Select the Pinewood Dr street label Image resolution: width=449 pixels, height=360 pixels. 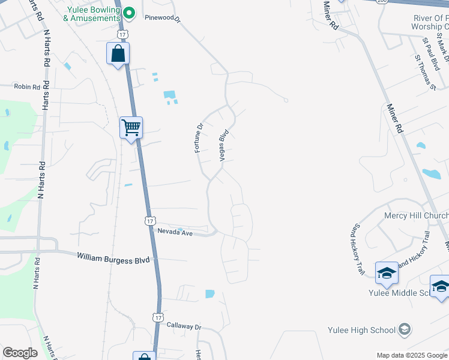click(x=162, y=18)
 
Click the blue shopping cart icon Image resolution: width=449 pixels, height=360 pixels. click(x=131, y=127)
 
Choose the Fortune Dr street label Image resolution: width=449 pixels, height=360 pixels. click(x=199, y=138)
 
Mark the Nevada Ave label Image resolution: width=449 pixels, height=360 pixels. click(x=175, y=232)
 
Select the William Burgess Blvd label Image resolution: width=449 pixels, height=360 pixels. click(x=113, y=257)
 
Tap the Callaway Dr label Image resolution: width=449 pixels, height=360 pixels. click(x=184, y=327)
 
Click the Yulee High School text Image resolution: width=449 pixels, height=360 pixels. click(x=361, y=330)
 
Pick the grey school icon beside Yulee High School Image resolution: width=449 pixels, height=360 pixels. click(x=405, y=329)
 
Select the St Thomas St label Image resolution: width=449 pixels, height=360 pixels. click(x=424, y=73)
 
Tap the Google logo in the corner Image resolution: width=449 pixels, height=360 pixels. click(x=20, y=353)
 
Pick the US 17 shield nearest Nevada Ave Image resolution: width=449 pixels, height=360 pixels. click(x=149, y=221)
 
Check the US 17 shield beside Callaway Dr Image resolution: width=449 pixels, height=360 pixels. click(x=158, y=316)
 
